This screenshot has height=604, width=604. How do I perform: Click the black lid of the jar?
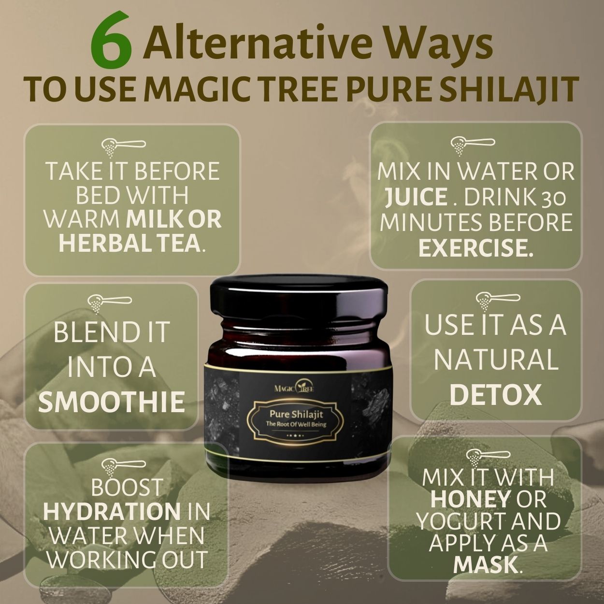point(298,295)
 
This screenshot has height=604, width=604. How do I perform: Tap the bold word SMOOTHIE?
point(112,403)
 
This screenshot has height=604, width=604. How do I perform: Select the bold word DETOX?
point(495,395)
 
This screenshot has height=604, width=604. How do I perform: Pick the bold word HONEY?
point(471,499)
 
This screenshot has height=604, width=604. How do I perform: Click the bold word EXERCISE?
point(475,248)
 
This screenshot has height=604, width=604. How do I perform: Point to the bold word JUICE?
point(416,197)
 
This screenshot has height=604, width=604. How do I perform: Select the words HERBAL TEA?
point(129,243)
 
